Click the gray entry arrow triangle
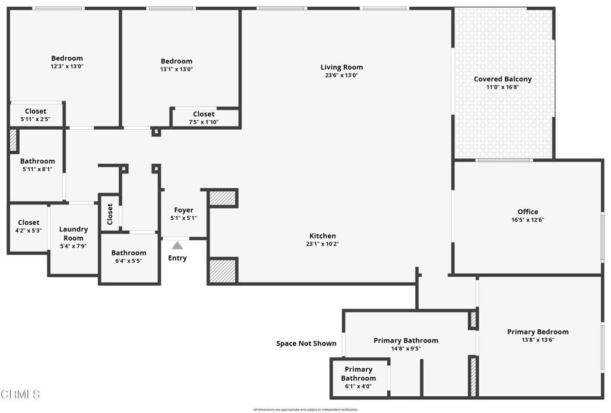(x=177, y=245)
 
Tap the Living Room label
(x=341, y=68)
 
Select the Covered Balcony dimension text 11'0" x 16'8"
(x=502, y=87)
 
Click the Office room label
(x=527, y=212)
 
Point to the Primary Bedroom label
(x=538, y=332)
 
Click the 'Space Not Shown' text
(x=306, y=344)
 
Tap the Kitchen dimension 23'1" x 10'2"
(x=322, y=244)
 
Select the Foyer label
(x=183, y=210)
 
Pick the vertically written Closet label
(x=110, y=214)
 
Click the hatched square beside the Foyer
(x=223, y=198)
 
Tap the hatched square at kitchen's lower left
(x=223, y=270)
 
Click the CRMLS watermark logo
(x=21, y=394)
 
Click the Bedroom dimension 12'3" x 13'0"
(x=67, y=66)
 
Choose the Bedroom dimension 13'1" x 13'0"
(x=177, y=69)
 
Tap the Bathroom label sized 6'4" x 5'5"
(x=128, y=253)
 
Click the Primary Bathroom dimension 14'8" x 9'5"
(x=406, y=348)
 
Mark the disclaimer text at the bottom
(x=305, y=409)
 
